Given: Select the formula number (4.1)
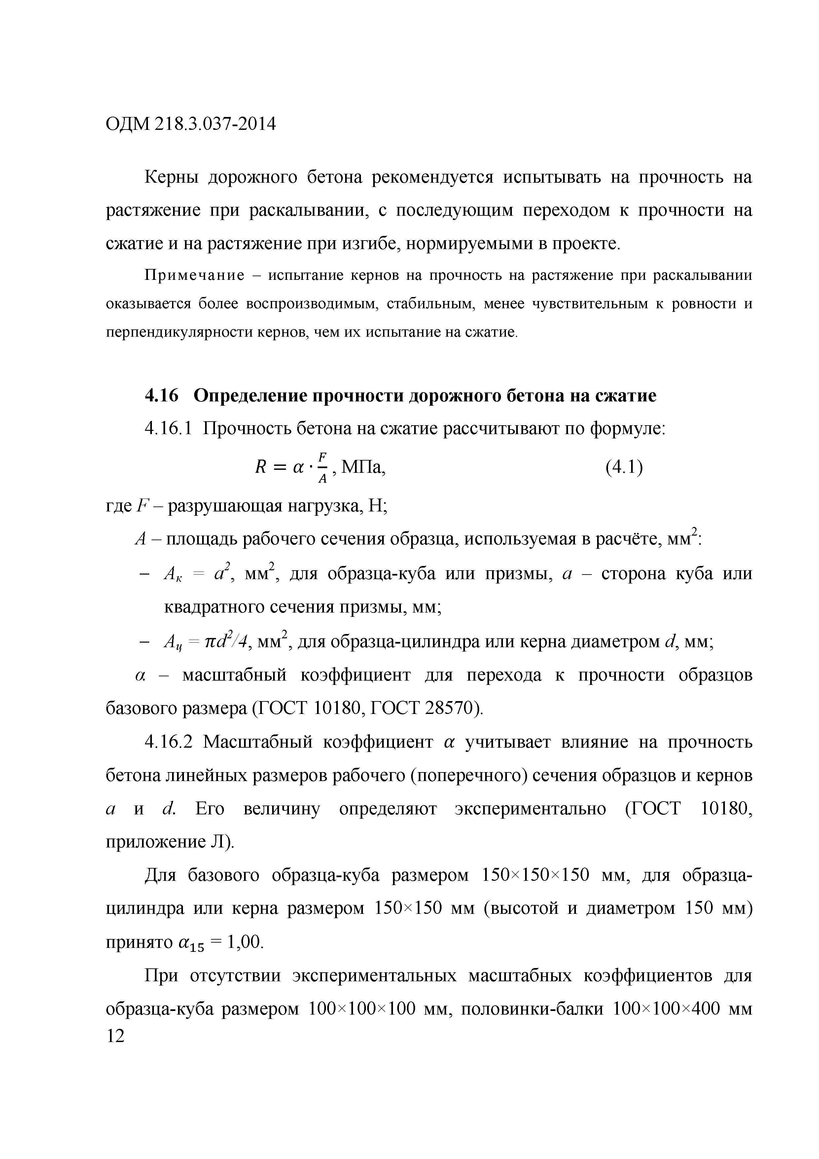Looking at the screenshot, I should pyautogui.click(x=624, y=467).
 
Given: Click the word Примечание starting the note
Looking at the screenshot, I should pyautogui.click(x=194, y=276).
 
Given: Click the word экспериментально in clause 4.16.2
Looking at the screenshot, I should pyautogui.click(x=530, y=809).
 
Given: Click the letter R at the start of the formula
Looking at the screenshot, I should pyautogui.click(x=261, y=468).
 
